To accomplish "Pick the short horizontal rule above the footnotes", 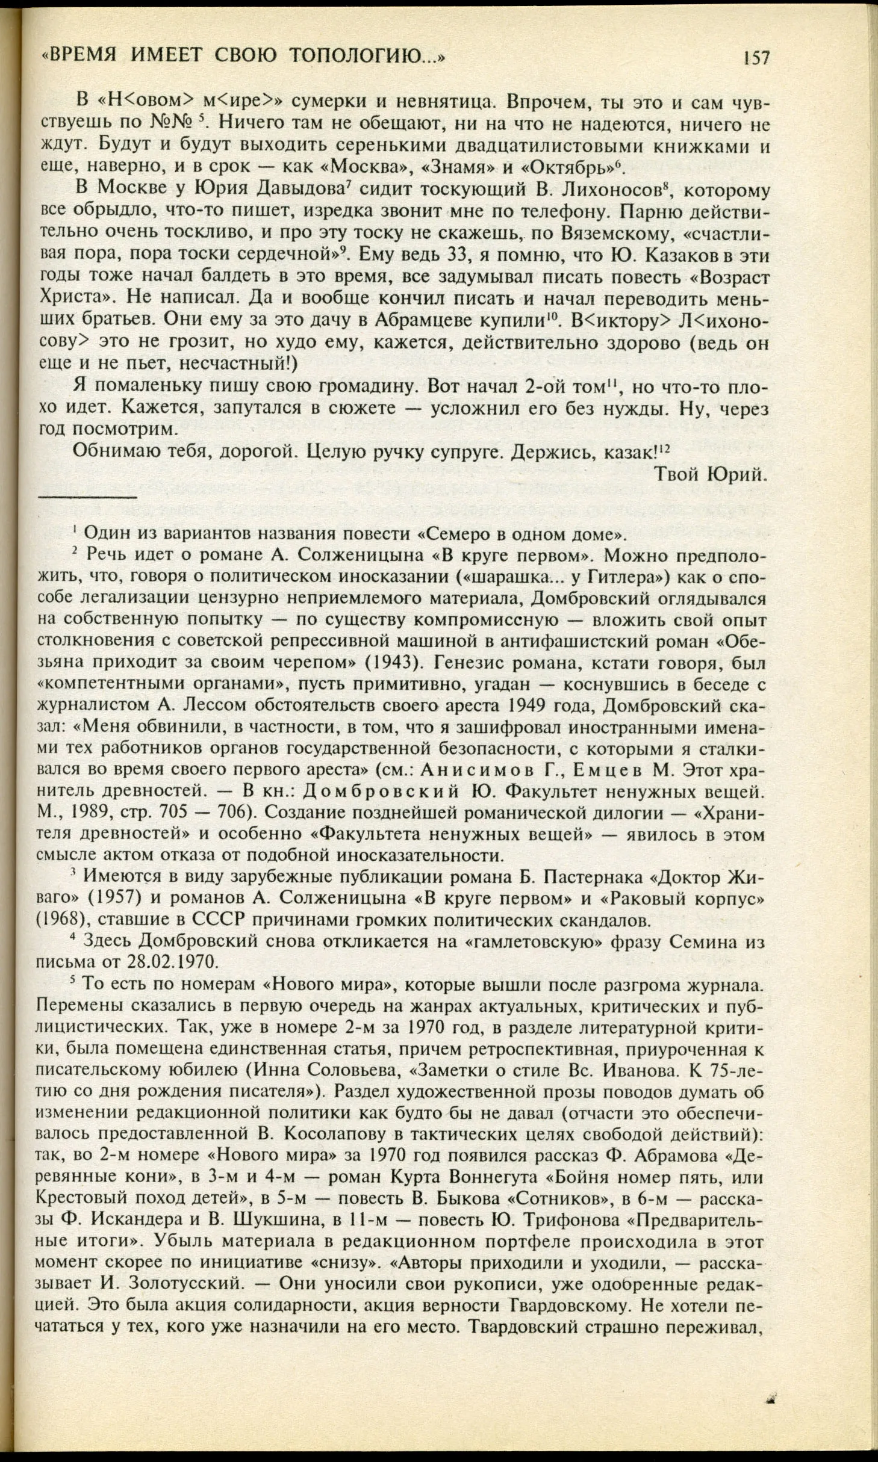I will [x=88, y=497].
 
